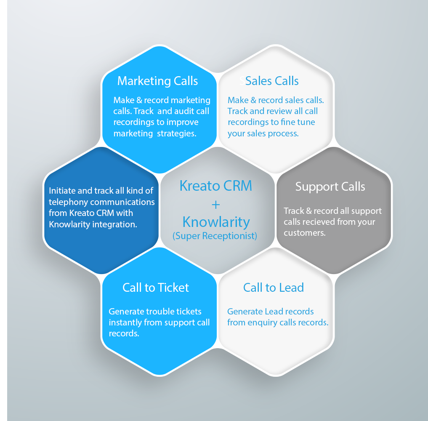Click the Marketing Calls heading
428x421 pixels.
[157, 81]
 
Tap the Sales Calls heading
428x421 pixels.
[272, 81]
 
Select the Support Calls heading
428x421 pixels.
[330, 187]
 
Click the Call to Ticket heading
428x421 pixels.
[156, 288]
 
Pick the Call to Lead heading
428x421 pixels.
[274, 288]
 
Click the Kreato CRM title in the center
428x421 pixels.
[215, 186]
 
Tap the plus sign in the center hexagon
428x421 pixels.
[215, 205]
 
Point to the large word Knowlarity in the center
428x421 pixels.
[216, 222]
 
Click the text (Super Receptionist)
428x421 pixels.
[215, 236]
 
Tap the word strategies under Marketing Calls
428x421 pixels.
[177, 133]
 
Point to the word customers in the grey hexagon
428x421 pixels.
[305, 233]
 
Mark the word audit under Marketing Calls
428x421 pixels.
[183, 111]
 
